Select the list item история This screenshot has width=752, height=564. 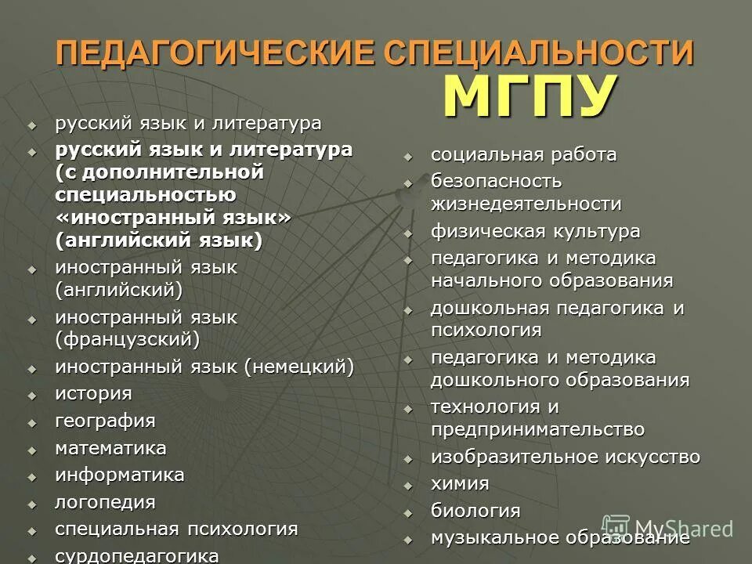[x=93, y=393]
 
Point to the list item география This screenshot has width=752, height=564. [x=105, y=421]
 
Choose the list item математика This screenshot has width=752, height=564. [x=110, y=448]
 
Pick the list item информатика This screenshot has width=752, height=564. [x=120, y=475]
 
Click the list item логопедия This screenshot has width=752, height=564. [x=105, y=502]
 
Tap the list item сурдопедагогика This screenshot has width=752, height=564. [x=137, y=555]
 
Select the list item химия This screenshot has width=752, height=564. [x=460, y=483]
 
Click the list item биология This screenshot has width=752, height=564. [x=475, y=511]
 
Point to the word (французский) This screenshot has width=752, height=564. [x=128, y=339]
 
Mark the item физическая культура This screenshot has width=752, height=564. [x=535, y=232]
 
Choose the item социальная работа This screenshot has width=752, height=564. [x=523, y=154]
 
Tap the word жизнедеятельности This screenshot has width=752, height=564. [x=526, y=204]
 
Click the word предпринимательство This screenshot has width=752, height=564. [x=537, y=429]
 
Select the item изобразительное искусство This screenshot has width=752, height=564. [x=566, y=457]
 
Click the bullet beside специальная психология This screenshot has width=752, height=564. [x=32, y=530]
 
